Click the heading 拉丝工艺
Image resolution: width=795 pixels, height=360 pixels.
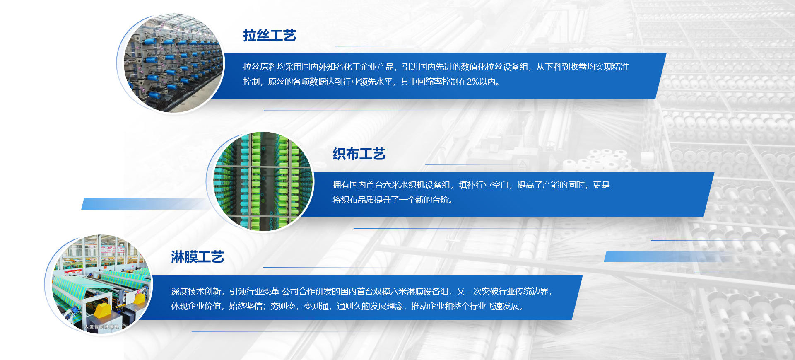tap(270, 35)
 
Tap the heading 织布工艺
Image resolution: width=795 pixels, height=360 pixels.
tap(359, 154)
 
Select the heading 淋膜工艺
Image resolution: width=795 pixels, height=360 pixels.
tap(198, 257)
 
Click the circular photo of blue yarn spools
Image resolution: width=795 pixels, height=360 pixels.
tap(173, 63)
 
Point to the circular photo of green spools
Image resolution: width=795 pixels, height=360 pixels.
tap(263, 181)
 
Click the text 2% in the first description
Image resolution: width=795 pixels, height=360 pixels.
tap(473, 82)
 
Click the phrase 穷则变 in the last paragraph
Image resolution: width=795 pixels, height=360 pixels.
tap(283, 306)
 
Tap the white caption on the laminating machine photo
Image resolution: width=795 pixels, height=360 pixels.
tap(101, 327)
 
